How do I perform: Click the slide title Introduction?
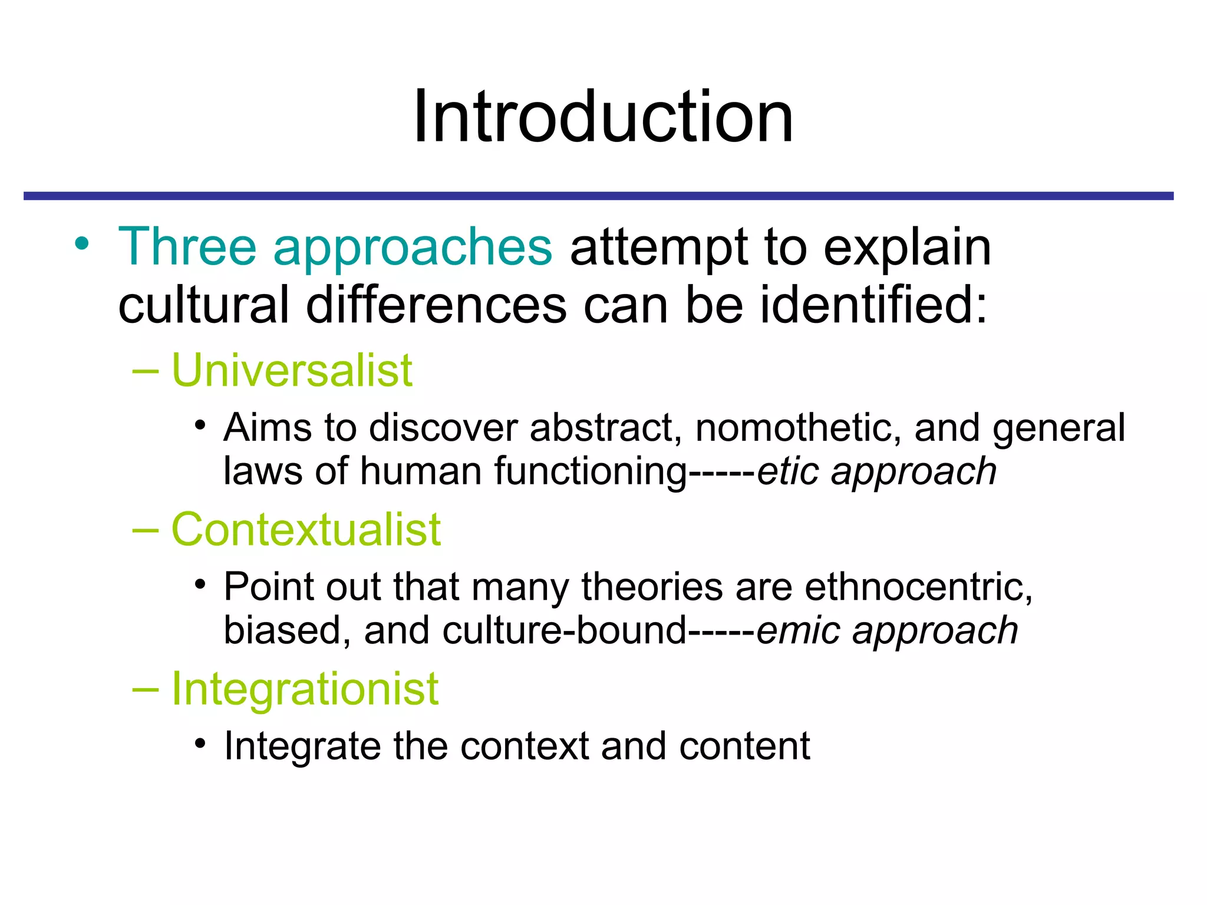point(603,116)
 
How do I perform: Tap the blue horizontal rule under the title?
point(598,196)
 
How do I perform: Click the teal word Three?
point(187,247)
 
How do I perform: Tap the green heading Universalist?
point(292,371)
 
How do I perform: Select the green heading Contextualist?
point(306,530)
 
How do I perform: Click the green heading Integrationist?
point(305,689)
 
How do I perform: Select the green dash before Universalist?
point(146,371)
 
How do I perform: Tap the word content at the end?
point(744,746)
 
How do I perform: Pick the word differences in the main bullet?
point(436,305)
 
